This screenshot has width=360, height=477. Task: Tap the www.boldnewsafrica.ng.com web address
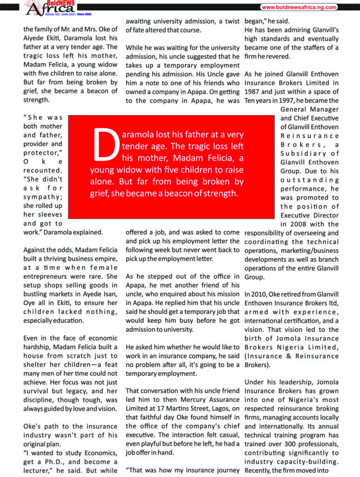pos(299,7)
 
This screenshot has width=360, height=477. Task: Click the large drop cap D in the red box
pos(106,143)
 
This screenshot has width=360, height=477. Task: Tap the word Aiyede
pos(33,38)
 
